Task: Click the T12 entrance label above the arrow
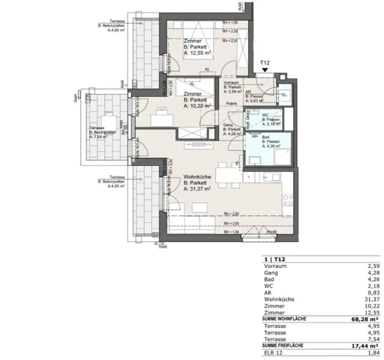(x=265, y=64)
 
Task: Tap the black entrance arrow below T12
(x=265, y=70)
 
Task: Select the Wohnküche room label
(x=197, y=177)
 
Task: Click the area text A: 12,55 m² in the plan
(x=199, y=54)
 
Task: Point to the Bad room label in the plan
(x=265, y=137)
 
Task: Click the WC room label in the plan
(x=265, y=115)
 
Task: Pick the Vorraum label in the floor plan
(x=231, y=82)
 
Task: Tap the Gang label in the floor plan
(x=227, y=125)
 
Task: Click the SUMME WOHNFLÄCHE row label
(x=285, y=319)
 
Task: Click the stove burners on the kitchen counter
(x=288, y=200)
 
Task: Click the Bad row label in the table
(x=269, y=279)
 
